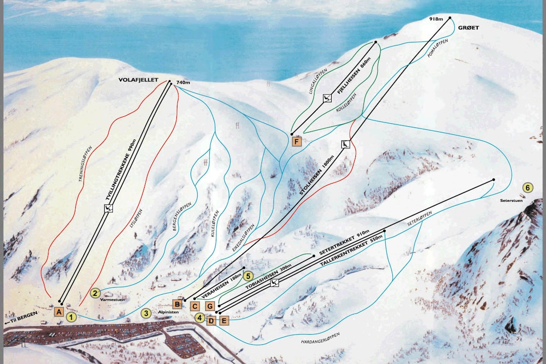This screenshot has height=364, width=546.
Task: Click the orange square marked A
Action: tap(59, 312)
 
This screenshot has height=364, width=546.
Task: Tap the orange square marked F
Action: tap(296, 142)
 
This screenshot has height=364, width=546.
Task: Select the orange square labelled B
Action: tap(177, 304)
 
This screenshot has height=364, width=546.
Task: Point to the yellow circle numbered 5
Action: tap(248, 276)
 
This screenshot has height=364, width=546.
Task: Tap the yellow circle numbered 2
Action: tap(95, 292)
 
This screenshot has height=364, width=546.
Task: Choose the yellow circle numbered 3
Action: tap(146, 313)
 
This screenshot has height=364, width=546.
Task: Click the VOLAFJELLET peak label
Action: tap(139, 80)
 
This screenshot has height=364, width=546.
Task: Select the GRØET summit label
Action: tap(469, 28)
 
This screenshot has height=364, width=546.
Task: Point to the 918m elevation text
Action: tap(436, 19)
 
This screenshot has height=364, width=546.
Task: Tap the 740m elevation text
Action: tap(183, 82)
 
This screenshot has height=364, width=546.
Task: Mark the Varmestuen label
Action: tap(112, 300)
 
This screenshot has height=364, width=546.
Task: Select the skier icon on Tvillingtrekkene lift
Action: tap(108, 208)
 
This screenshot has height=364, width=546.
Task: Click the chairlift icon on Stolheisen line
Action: tap(346, 145)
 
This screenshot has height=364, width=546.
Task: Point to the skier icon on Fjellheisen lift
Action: tap(327, 98)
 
